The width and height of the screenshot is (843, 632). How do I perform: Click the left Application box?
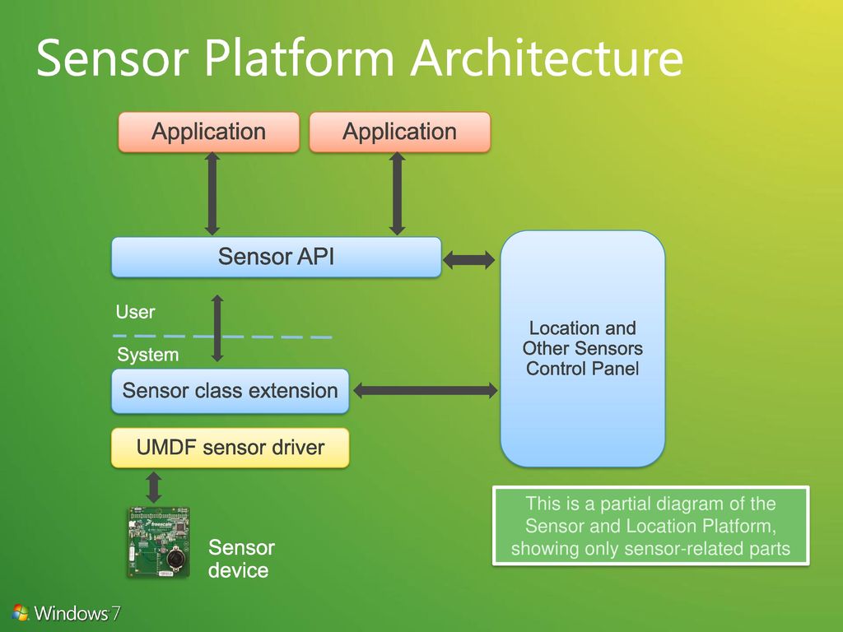(208, 132)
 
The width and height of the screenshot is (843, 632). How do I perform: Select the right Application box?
(400, 132)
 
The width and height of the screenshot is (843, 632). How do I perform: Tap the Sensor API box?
(277, 257)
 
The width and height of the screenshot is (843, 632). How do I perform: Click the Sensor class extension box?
(231, 391)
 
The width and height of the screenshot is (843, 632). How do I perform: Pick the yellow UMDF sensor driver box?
(231, 448)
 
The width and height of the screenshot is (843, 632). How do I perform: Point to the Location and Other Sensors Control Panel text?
(583, 348)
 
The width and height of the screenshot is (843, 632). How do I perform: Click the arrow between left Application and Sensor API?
(212, 193)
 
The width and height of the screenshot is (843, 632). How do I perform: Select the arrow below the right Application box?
(398, 193)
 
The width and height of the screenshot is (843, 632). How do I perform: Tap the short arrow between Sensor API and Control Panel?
(468, 260)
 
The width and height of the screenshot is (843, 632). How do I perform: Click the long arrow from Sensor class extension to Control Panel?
(426, 390)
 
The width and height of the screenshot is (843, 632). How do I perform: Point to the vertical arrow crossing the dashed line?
(217, 328)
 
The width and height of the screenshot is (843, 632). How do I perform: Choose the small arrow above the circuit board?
(154, 487)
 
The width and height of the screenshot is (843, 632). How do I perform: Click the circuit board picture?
(159, 543)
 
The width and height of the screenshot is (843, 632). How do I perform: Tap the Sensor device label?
(241, 559)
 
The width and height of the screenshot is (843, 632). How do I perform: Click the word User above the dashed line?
(136, 312)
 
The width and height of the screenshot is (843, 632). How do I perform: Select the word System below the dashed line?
(148, 355)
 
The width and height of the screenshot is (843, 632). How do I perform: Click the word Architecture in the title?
(547, 58)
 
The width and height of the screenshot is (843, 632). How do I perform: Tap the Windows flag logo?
(20, 612)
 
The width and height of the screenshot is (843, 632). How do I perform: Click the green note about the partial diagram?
(651, 526)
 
